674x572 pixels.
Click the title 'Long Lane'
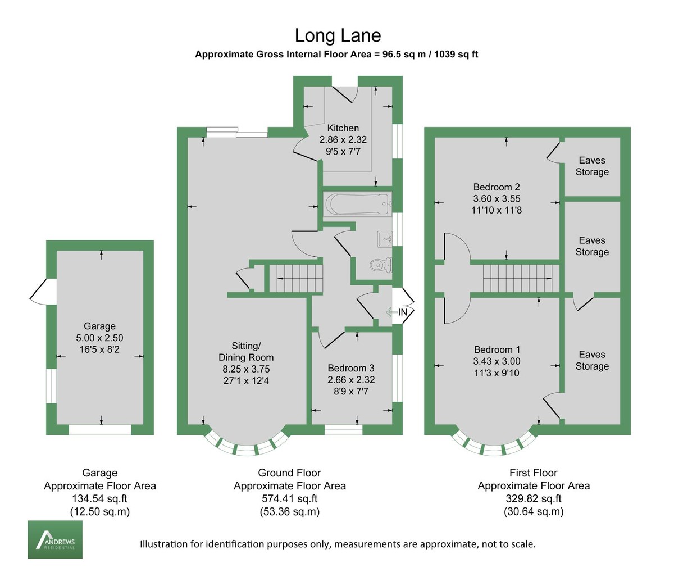[x=338, y=35]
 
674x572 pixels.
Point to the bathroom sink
[x=385, y=239]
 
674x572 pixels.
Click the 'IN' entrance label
[x=403, y=312]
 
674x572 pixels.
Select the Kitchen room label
[x=343, y=128]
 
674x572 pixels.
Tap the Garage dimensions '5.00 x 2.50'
[x=99, y=338]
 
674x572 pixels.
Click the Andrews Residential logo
[x=55, y=539]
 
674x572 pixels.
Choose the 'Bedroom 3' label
[x=351, y=368]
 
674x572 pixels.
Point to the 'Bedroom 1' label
[x=497, y=349]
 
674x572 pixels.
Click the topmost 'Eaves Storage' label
[x=592, y=166]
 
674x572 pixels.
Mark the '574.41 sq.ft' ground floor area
[x=289, y=498]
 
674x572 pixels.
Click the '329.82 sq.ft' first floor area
[x=534, y=498]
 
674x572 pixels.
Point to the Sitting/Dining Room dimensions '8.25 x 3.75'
[x=245, y=369]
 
